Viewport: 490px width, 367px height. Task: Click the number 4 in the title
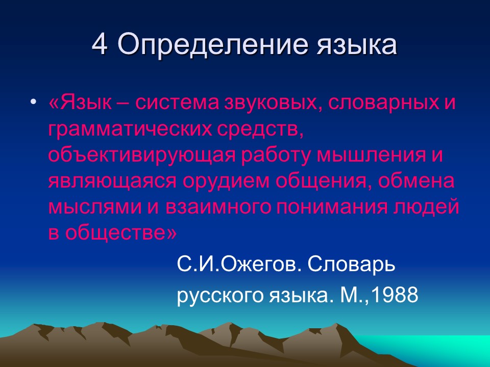101,44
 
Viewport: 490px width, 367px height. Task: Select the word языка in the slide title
357,46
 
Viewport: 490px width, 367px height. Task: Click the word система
177,103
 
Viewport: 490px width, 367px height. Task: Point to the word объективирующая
141,155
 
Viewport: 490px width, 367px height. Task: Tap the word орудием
226,181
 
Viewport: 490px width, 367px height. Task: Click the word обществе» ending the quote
121,232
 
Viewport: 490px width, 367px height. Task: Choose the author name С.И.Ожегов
239,265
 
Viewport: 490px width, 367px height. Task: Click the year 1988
395,294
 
